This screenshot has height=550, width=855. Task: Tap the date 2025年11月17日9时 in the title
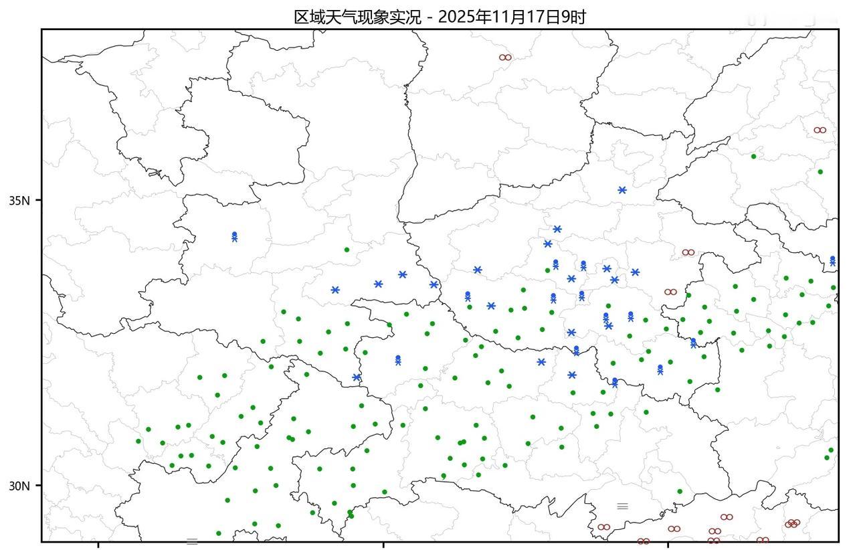point(512,17)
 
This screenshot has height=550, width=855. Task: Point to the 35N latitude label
point(20,200)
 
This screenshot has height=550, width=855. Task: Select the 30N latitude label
point(20,485)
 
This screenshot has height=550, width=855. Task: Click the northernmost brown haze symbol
point(505,58)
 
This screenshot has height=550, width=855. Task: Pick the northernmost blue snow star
point(622,190)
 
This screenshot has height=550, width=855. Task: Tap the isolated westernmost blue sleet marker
point(235,236)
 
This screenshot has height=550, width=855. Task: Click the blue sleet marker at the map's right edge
point(832,260)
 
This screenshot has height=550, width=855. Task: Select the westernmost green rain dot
point(138,441)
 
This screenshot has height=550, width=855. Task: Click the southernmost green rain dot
point(219,533)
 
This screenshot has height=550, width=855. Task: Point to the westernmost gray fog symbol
point(192,541)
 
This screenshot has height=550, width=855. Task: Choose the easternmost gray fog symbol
point(622,506)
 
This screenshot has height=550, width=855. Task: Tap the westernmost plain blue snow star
point(335,290)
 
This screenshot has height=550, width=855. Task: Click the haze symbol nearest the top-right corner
point(820,130)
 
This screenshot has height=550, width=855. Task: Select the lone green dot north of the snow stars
point(347,250)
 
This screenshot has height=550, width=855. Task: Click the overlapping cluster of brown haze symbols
point(793,523)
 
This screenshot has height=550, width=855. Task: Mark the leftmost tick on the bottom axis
point(98,545)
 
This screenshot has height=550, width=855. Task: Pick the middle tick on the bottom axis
point(383,545)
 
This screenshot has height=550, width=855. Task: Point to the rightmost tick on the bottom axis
point(668,545)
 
